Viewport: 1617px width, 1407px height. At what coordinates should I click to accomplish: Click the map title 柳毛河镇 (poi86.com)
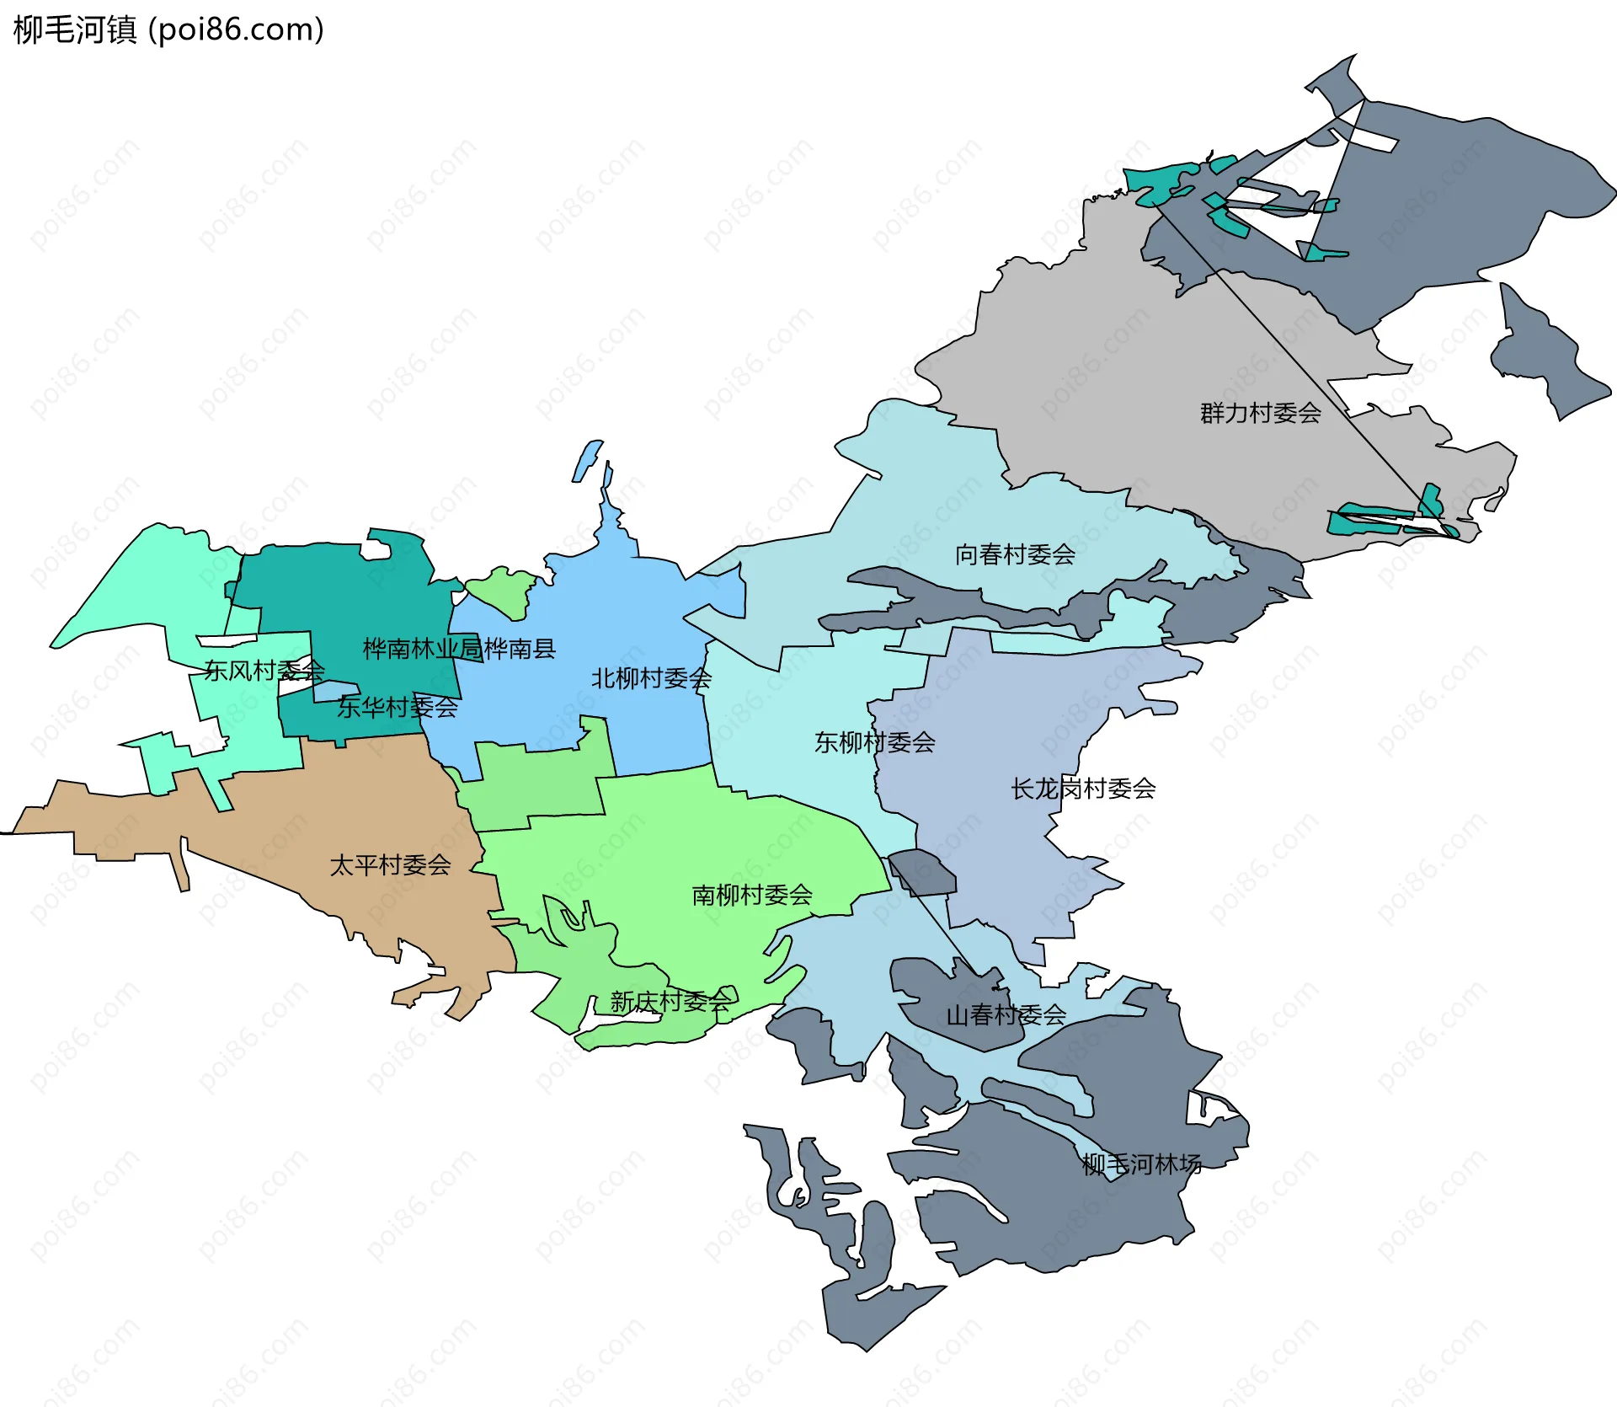click(168, 30)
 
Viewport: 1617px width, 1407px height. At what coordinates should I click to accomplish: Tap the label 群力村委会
click(1260, 414)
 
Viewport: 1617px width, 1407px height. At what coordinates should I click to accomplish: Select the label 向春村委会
click(1015, 554)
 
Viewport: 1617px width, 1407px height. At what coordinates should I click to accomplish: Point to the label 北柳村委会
click(651, 678)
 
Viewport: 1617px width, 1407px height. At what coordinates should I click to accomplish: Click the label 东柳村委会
click(874, 742)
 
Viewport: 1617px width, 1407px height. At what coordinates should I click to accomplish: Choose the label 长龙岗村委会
click(1083, 789)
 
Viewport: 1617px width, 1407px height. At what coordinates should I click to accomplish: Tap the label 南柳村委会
click(751, 895)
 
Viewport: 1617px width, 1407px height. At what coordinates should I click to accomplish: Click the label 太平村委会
click(390, 865)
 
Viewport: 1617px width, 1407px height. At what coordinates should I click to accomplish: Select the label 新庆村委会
click(670, 1002)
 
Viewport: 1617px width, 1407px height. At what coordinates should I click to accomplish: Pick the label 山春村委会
click(1006, 1015)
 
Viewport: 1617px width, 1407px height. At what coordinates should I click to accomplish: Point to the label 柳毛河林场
click(1141, 1165)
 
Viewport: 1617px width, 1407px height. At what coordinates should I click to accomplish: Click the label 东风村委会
click(264, 671)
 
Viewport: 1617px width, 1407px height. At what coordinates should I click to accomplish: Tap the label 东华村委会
click(397, 708)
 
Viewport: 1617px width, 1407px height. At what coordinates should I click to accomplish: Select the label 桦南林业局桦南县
click(459, 649)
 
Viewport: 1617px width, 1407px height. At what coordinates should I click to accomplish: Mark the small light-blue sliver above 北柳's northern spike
click(587, 460)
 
